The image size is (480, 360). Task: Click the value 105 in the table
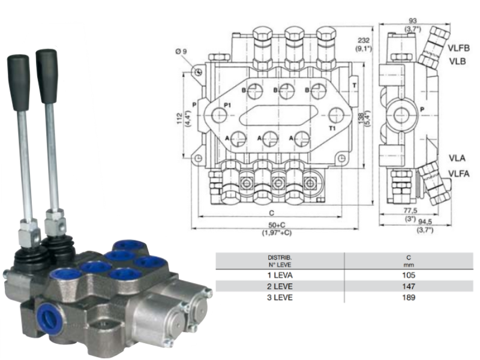pos(409,275)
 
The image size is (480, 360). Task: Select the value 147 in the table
pos(409,286)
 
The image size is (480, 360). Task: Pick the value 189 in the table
pos(409,297)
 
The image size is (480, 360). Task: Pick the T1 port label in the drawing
pos(331,128)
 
